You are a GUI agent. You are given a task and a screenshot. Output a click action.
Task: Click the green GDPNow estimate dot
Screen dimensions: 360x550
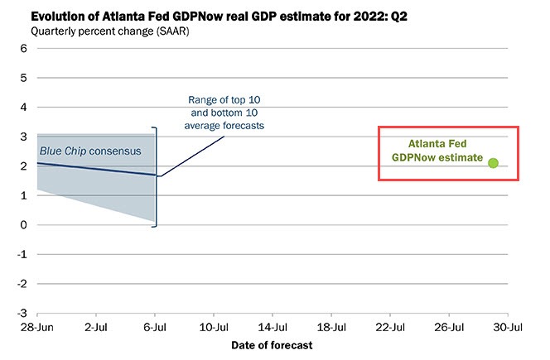coord(493,163)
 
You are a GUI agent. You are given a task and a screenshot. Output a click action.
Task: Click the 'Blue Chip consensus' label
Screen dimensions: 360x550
coord(90,151)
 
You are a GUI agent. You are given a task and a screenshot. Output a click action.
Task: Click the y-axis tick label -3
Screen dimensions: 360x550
coord(23,313)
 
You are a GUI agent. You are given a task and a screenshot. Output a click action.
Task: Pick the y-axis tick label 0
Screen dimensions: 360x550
coord(26,224)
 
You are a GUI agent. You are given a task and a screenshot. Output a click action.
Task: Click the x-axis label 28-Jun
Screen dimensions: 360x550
coord(37,327)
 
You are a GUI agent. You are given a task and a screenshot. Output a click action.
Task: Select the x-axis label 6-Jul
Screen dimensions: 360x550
coord(155,327)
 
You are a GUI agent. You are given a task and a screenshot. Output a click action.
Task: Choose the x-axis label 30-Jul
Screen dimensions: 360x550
coord(508,327)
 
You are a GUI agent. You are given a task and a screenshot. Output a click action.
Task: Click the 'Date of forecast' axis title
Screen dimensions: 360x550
coord(273,343)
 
